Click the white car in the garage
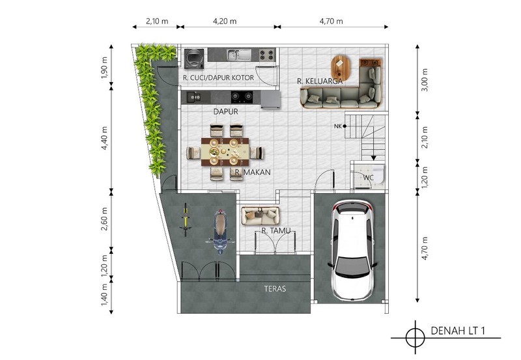tap(353, 250)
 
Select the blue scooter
tap(219, 232)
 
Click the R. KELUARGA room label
tap(320, 81)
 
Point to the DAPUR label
tap(225, 111)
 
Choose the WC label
tap(368, 178)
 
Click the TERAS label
tap(275, 288)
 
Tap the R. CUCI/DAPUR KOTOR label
tap(218, 77)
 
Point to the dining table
tap(225, 152)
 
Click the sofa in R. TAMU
tap(260, 216)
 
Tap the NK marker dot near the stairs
tap(345, 126)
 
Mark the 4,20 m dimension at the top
tap(225, 21)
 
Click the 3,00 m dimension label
tap(425, 80)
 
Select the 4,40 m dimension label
tap(104, 138)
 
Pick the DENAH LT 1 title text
tap(458, 331)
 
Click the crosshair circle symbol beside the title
tap(415, 338)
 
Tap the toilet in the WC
tap(379, 174)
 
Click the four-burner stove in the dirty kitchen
tap(267, 55)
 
